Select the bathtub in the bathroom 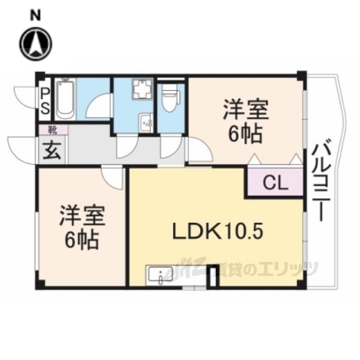(x=64, y=102)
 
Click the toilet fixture (x=171, y=97)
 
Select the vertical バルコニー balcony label (x=319, y=180)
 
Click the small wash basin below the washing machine (x=147, y=120)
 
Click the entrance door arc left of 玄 (x=20, y=142)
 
